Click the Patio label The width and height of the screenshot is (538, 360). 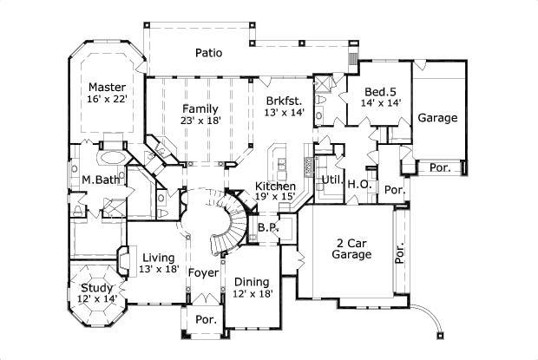coord(208,53)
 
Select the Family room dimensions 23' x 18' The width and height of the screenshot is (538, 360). coord(199,121)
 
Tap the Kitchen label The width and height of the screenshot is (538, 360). coord(275,187)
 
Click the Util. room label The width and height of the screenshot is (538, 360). coord(331,180)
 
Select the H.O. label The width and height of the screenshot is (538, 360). coord(359,184)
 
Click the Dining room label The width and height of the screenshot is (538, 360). coord(250,283)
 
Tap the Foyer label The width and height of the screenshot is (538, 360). coord(203,273)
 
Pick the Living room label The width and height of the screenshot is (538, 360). coord(158,258)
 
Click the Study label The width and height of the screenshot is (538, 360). coord(96,288)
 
